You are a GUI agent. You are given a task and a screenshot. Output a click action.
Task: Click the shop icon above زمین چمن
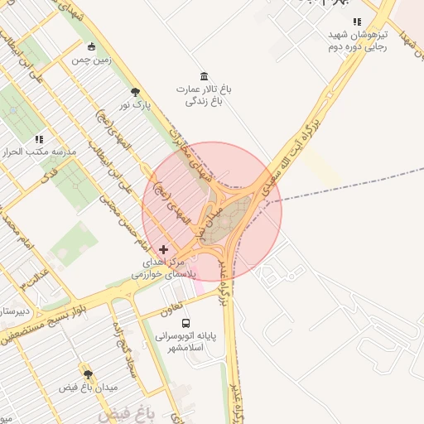point(91,46)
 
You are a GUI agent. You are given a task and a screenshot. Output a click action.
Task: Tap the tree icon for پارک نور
point(136,92)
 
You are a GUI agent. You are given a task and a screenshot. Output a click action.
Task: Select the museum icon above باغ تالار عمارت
point(204,75)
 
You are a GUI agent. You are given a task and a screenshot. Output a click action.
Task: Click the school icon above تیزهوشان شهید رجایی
point(357,22)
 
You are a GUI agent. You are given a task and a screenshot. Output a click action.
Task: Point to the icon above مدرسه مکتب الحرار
point(38,139)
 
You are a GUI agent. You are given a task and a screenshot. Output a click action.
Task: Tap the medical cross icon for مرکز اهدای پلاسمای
point(163,248)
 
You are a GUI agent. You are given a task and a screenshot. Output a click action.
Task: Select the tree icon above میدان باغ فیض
point(89,374)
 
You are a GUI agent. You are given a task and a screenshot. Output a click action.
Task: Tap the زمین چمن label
point(90,60)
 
